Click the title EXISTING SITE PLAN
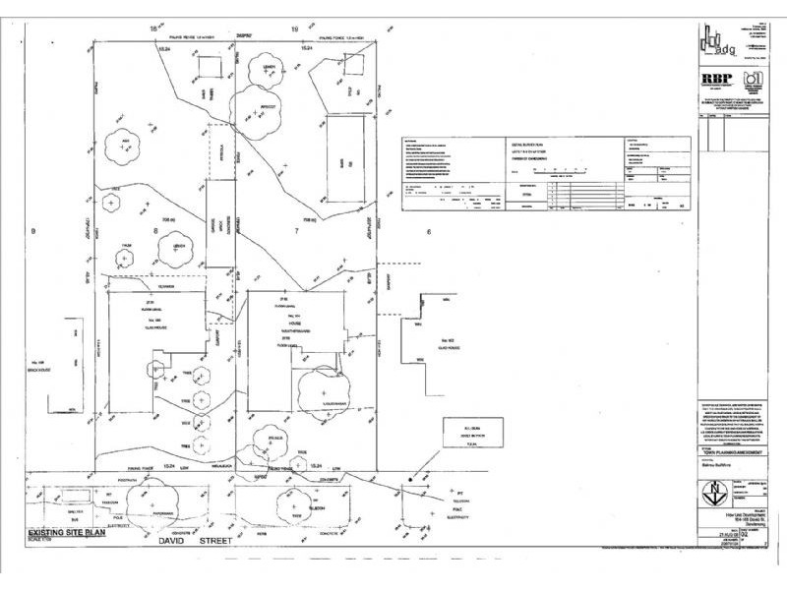pyautogui.click(x=61, y=527)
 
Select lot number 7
pyautogui.click(x=296, y=228)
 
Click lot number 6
pyautogui.click(x=429, y=232)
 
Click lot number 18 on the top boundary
pyautogui.click(x=152, y=30)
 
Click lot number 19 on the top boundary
pyautogui.click(x=294, y=30)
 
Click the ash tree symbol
pyautogui.click(x=126, y=147)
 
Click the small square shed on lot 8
pyautogui.click(x=209, y=70)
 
